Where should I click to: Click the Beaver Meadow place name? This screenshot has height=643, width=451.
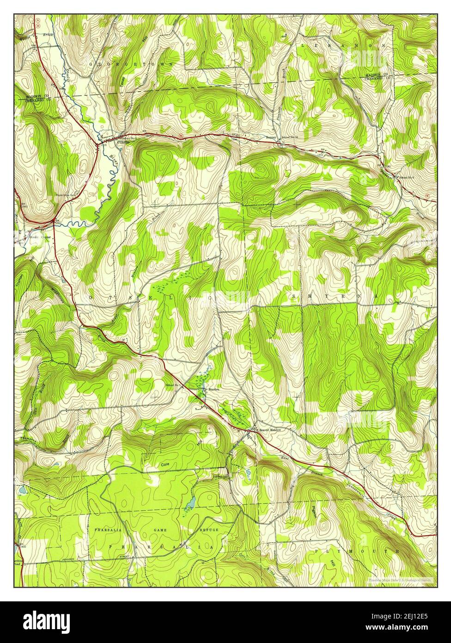(x=270, y=429)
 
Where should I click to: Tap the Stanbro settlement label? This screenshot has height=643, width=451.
(x=213, y=389)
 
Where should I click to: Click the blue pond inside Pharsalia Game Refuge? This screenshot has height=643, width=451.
(x=190, y=503)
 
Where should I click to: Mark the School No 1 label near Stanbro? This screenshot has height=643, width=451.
(x=176, y=385)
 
